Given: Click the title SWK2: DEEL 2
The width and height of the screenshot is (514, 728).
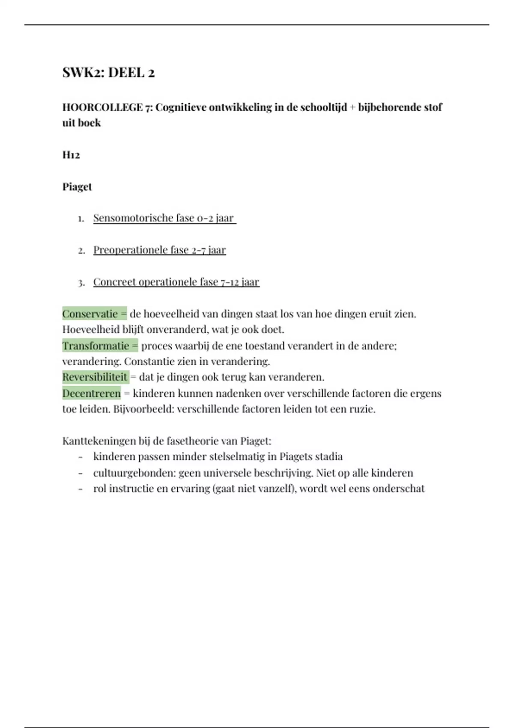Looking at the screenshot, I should (108, 73).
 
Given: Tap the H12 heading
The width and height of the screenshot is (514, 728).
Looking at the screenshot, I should (71, 155).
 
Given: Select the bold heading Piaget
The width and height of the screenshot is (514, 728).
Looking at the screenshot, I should (77, 187).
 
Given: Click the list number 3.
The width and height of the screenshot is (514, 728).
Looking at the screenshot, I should (81, 283).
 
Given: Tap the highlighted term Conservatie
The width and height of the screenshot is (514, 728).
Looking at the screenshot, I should (90, 314).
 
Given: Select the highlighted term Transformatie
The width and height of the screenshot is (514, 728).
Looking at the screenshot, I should (96, 346).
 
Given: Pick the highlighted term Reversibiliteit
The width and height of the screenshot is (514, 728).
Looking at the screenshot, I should (95, 377).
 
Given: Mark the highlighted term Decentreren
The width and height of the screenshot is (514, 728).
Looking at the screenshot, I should (92, 393).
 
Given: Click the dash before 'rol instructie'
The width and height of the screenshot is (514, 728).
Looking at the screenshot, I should (81, 489).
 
